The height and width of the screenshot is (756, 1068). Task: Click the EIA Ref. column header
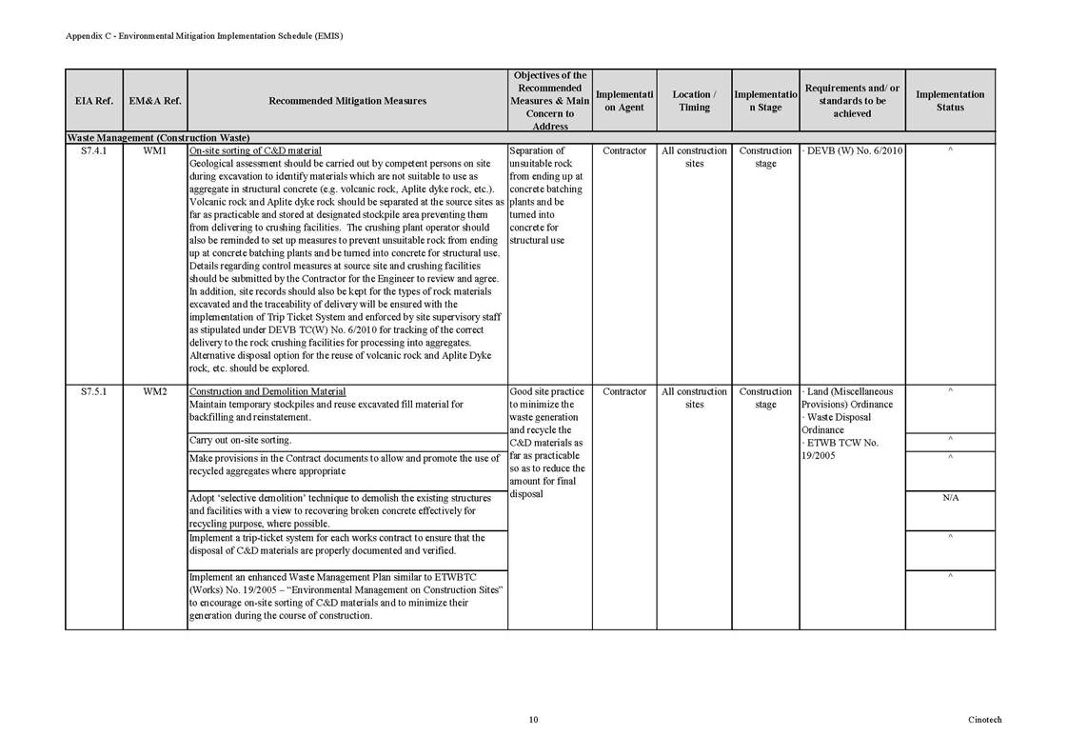93,100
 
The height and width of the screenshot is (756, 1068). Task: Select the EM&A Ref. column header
154,100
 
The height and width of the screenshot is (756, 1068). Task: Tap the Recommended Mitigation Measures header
347,100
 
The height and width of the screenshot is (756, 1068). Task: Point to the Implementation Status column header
949,100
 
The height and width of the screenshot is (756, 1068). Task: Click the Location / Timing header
694,100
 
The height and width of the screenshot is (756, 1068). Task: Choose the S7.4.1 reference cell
93,150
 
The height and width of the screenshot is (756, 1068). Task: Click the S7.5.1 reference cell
93,391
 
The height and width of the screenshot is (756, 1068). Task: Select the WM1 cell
154,150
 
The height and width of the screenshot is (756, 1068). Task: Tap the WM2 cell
154,391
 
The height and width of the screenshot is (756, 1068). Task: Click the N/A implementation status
949,498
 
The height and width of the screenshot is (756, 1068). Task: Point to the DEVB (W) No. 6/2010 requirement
853,150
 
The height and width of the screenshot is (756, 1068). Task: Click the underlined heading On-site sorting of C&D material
255,150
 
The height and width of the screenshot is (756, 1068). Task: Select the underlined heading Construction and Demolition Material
267,391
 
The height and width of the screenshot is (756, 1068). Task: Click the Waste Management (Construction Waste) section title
157,138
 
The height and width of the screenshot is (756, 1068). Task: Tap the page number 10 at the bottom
533,720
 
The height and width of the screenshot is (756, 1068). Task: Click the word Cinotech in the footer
984,720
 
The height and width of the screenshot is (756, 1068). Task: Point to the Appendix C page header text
204,35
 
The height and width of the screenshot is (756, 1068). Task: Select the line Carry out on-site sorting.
240,440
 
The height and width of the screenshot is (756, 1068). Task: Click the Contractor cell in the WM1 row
624,150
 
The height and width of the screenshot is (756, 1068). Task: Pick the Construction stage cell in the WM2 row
765,397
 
